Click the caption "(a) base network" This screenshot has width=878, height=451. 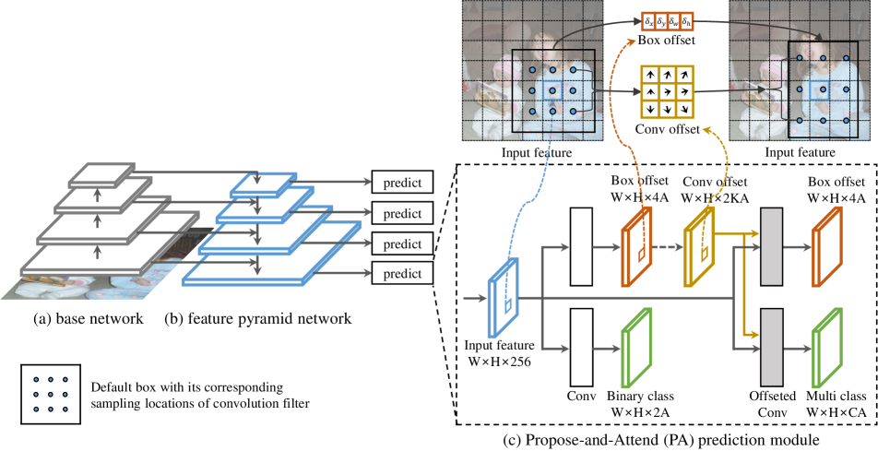89,319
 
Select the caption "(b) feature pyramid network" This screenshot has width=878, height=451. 258,319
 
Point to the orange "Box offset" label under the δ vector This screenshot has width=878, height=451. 666,41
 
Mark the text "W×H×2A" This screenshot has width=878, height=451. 641,412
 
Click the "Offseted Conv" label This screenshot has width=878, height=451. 773,404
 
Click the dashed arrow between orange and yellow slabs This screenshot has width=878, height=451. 668,246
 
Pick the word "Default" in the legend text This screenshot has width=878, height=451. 109,387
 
